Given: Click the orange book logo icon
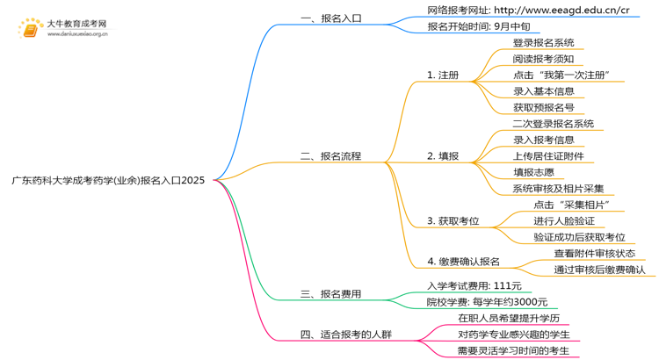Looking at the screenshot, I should (29, 28).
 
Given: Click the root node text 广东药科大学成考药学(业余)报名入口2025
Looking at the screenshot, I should (108, 180).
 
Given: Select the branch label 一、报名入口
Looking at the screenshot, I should (330, 18).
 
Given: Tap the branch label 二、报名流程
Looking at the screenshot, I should (330, 156).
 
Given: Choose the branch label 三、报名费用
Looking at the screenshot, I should (330, 293).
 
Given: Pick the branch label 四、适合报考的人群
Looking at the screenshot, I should (346, 335).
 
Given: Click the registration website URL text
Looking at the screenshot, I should (528, 10).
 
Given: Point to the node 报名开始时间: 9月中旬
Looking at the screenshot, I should (478, 26).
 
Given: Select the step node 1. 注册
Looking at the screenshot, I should (443, 75).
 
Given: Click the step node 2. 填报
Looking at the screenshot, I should (443, 156).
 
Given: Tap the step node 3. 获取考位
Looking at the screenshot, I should (453, 220).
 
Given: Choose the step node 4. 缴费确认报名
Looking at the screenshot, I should (463, 261).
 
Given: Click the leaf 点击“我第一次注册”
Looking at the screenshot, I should (561, 75).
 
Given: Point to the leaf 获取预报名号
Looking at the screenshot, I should (543, 107).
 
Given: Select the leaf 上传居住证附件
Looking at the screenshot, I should (548, 156).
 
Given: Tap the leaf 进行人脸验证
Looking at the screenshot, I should (564, 220).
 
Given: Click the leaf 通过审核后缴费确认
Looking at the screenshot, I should (599, 270).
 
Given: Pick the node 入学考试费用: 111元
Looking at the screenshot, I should (474, 285).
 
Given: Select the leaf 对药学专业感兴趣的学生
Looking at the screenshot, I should (513, 335).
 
